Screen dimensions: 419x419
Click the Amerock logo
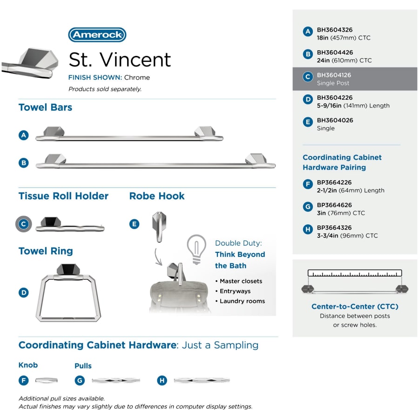pos(97,35)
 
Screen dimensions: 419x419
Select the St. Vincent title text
pos(120,60)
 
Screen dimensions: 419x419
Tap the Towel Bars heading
pos(46,108)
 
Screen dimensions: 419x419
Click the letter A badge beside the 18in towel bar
pos(24,135)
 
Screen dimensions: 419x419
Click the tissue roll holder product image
pos(70,224)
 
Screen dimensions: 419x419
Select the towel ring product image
pos(68,293)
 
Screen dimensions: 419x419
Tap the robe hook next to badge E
pos(159,227)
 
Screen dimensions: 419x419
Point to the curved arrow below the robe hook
pos(157,257)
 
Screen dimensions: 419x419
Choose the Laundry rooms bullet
pos(240,301)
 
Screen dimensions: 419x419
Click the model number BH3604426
pos(335,52)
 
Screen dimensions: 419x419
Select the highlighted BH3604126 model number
pos(334,75)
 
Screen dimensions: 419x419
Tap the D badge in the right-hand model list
pos(308,100)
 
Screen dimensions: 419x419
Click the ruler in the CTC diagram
pos(355,273)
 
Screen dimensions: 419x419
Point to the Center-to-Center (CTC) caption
pos(355,306)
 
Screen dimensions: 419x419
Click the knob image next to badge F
pos(47,380)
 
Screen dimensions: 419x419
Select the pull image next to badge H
pos(202,380)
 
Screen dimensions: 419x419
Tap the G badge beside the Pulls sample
pos(80,380)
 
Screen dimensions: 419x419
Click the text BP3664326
pos(334,228)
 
